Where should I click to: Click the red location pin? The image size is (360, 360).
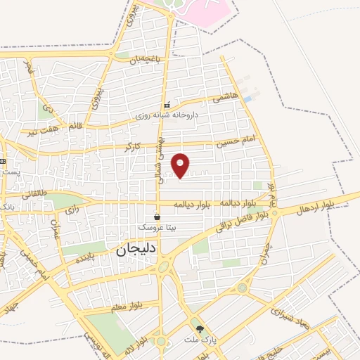pos(181,165)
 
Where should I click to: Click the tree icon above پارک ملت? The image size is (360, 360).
pos(200,328)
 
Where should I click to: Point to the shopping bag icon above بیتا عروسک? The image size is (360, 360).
pos(157,218)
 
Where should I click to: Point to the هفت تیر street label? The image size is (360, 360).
pos(40,131)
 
